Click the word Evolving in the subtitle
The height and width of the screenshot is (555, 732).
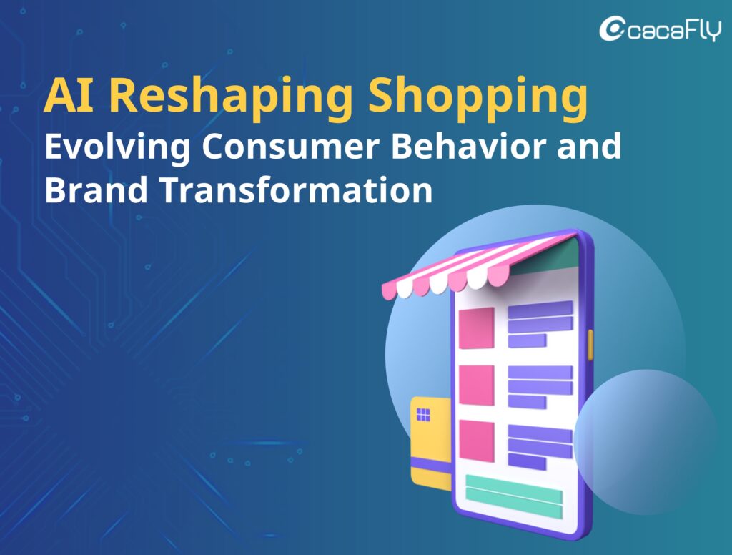[x=117, y=147]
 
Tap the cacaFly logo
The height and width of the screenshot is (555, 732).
[x=660, y=29]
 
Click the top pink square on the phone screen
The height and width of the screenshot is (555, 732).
[x=477, y=328]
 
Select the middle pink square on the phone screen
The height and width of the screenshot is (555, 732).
[x=477, y=385]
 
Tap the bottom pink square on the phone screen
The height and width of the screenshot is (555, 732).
[x=477, y=441]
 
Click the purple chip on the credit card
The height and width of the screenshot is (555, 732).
[x=423, y=414]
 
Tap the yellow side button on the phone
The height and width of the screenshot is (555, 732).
[x=590, y=345]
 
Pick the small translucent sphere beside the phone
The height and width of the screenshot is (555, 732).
[x=646, y=442]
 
